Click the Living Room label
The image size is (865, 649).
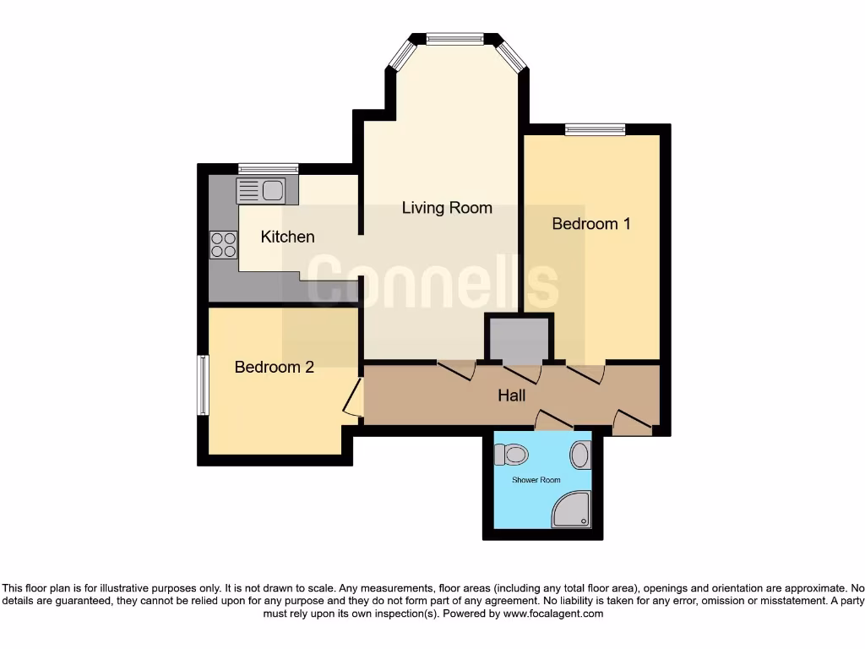pos(446,208)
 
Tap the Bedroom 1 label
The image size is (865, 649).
pos(591,224)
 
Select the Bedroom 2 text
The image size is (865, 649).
pos(274,367)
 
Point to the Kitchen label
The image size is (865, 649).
pos(287,237)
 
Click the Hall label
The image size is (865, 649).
pos(511,395)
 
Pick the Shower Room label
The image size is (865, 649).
pos(536,480)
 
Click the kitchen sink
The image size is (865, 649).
pos(262,191)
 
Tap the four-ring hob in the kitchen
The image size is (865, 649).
pos(224,244)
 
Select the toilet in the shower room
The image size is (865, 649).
pos(511,455)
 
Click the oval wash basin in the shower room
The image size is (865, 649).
pos(580,455)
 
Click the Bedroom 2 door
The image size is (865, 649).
pos(354,398)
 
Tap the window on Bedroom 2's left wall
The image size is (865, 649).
pos(203,385)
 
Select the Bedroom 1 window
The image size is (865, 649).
pos(596,129)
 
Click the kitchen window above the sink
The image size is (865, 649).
pos(268,168)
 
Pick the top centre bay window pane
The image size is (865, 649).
pos(454,38)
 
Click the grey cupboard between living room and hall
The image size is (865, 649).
pos(519,338)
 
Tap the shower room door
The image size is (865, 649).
pos(554,420)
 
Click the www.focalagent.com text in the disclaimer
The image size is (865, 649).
pos(552,614)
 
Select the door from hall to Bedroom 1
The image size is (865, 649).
pos(585,373)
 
